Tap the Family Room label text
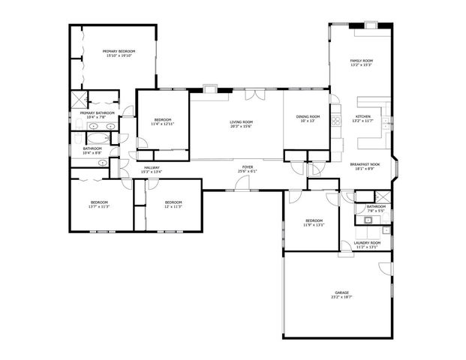click(362, 61)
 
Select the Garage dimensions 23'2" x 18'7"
click(341, 298)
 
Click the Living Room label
click(241, 122)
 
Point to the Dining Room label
click(308, 116)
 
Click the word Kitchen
click(363, 116)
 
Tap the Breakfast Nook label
click(365, 164)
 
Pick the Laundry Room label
click(367, 243)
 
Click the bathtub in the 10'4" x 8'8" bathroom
click(98, 139)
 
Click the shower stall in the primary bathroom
click(79, 100)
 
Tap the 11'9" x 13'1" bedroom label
click(314, 221)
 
